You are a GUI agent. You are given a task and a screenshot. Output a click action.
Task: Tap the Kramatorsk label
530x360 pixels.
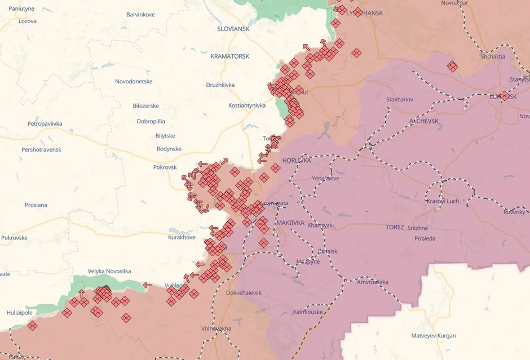coord(229,56)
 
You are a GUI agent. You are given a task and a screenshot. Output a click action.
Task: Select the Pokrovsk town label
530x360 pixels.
coord(165,167)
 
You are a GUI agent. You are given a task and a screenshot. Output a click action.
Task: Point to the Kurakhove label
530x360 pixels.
coord(182,238)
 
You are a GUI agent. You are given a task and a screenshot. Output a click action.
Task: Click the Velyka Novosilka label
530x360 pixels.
coord(109,272)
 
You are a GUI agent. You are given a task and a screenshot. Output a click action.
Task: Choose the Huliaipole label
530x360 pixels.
coord(20,313)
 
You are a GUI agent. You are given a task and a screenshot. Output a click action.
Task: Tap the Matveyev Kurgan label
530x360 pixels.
coord(433,336)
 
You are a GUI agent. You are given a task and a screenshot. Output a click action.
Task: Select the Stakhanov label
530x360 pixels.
coord(400,100)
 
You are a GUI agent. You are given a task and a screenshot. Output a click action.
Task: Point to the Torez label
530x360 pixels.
coord(395,227)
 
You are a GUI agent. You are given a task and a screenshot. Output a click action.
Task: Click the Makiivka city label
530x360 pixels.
coord(290,223)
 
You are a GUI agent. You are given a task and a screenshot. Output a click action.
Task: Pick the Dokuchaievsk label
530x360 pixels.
coord(244,293)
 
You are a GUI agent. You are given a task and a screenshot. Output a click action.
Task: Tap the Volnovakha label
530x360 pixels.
coord(216,328)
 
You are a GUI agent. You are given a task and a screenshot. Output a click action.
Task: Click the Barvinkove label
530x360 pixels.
coord(140,15)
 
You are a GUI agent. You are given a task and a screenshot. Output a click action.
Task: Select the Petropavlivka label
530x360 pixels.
coord(45,123)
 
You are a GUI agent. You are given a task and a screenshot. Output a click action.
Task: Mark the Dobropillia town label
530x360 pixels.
coord(151,121)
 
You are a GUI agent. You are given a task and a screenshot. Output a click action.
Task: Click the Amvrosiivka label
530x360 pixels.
coord(373,282)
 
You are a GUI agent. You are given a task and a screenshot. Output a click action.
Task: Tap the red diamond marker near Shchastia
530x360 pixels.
coord(452,66)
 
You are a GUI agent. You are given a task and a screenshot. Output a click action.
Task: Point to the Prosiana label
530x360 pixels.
coord(36,205)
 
